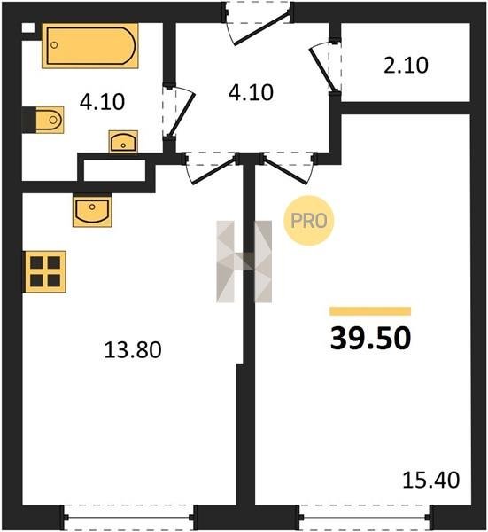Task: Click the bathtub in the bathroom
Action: point(90,46)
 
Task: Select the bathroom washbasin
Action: point(123,142)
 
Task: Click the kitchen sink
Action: point(92,210)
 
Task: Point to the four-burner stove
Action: point(44,271)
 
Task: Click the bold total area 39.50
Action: point(370,339)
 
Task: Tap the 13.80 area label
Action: point(133,350)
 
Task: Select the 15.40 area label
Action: point(431,481)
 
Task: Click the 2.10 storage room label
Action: point(406,66)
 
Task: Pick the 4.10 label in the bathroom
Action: point(102,102)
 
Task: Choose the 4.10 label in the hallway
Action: point(251,92)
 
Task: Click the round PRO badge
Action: point(309,221)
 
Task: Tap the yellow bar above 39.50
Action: point(370,311)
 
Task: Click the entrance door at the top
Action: point(258,24)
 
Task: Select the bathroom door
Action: point(179,112)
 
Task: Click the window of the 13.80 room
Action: point(129,518)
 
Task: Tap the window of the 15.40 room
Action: point(365,518)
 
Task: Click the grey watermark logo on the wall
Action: point(244,262)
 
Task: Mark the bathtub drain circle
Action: point(54,45)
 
